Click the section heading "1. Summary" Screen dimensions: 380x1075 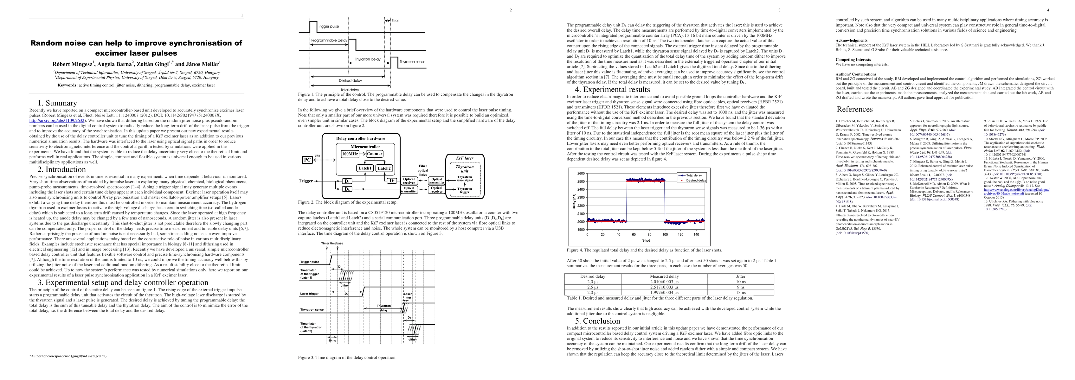(x=57, y=103)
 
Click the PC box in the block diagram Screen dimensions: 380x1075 (x=307, y=160)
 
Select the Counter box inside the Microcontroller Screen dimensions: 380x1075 (x=374, y=154)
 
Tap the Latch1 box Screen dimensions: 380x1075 (x=365, y=168)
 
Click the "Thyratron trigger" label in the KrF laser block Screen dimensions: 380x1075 (x=465, y=190)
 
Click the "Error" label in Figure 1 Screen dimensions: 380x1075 (x=395, y=21)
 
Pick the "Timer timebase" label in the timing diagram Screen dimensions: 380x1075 (x=332, y=243)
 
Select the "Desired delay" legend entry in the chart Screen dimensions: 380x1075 (x=696, y=180)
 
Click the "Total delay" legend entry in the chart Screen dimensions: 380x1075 (x=694, y=175)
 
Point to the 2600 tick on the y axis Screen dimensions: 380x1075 (x=581, y=174)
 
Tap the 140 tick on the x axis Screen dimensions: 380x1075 (x=696, y=234)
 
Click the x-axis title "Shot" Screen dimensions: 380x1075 (x=646, y=240)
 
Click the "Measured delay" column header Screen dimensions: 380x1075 (x=664, y=276)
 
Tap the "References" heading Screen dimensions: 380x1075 (x=854, y=109)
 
